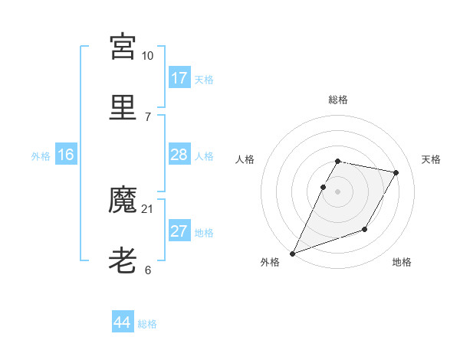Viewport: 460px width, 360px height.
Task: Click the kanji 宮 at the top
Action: click(x=123, y=47)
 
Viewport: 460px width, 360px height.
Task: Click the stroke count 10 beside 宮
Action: click(x=147, y=56)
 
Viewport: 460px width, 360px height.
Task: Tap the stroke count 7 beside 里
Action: click(x=147, y=116)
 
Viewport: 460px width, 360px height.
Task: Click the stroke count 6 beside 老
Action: click(x=147, y=270)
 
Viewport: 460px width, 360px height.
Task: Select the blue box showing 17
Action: click(x=179, y=78)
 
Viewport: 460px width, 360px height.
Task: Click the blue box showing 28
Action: click(x=179, y=155)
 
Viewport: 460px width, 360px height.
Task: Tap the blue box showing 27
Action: click(x=179, y=232)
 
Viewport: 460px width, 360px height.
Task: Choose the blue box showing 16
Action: click(x=66, y=155)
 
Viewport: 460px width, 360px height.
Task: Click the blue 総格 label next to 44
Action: click(x=147, y=324)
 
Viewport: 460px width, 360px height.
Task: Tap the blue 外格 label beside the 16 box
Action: click(x=41, y=156)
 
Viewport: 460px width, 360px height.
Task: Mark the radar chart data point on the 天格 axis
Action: click(x=396, y=173)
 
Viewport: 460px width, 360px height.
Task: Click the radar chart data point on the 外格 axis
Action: click(x=292, y=254)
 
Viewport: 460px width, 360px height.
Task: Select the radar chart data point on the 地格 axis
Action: click(x=365, y=229)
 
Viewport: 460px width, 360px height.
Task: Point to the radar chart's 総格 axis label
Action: click(x=338, y=100)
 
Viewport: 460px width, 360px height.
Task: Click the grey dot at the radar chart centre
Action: click(x=338, y=191)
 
